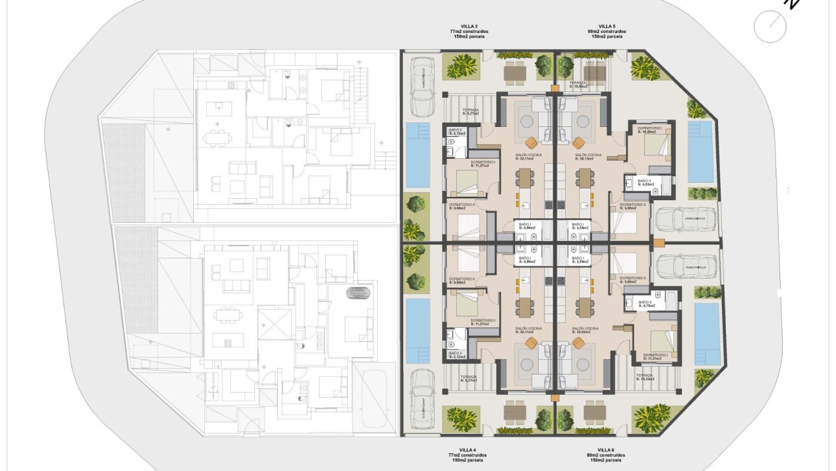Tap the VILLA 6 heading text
(607, 449)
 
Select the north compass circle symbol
(770, 27)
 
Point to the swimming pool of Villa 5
(700, 151)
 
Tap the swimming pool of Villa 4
(418, 330)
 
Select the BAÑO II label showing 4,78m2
(646, 303)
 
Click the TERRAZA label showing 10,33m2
(645, 377)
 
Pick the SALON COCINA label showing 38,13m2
(588, 157)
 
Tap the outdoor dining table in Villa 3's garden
(515, 73)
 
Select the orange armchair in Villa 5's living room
(578, 143)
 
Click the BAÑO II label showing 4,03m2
(645, 183)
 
